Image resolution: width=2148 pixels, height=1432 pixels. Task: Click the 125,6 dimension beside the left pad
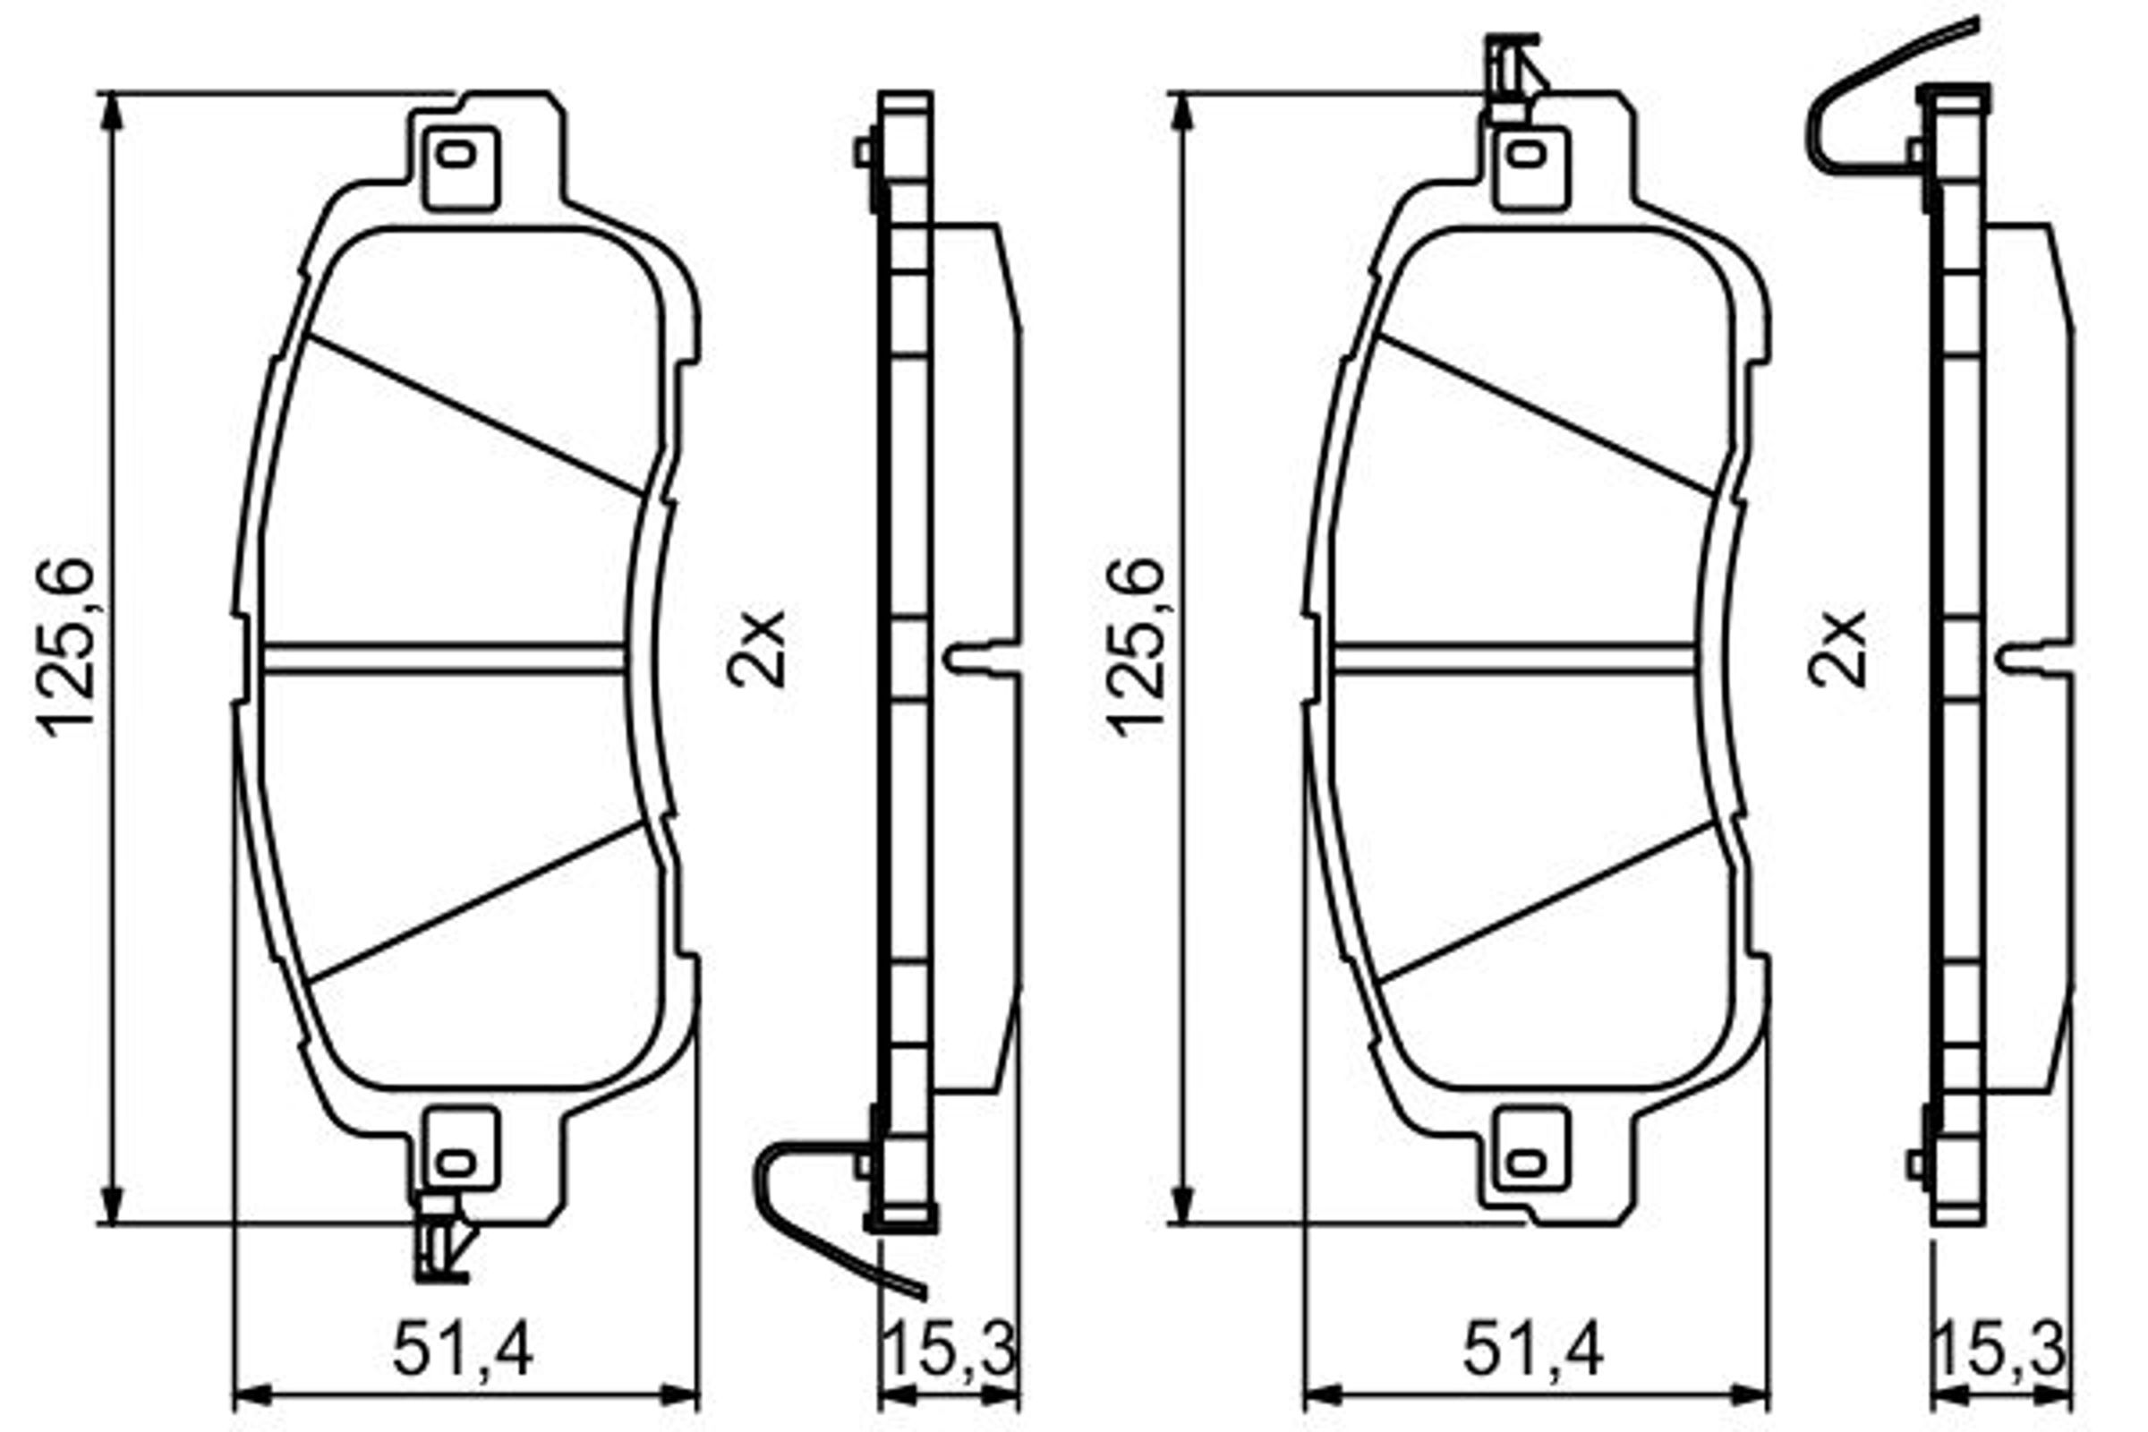coord(65,646)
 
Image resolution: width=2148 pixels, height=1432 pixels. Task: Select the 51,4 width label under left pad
coord(463,1350)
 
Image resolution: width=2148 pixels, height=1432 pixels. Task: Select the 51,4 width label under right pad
coord(1533,1350)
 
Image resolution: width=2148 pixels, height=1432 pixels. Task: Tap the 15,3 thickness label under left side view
coord(950,1350)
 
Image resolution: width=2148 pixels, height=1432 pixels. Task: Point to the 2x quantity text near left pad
coord(756,647)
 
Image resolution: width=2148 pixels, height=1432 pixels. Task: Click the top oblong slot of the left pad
coord(456,154)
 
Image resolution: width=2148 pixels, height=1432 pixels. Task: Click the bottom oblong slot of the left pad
coord(456,1163)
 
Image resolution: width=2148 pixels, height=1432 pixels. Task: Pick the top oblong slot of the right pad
coord(1526,154)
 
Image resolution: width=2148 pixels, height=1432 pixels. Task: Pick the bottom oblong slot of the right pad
coord(1526,1163)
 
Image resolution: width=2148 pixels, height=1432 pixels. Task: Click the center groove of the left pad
coord(444,660)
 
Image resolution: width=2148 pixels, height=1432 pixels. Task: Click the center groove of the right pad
coord(1514,660)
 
